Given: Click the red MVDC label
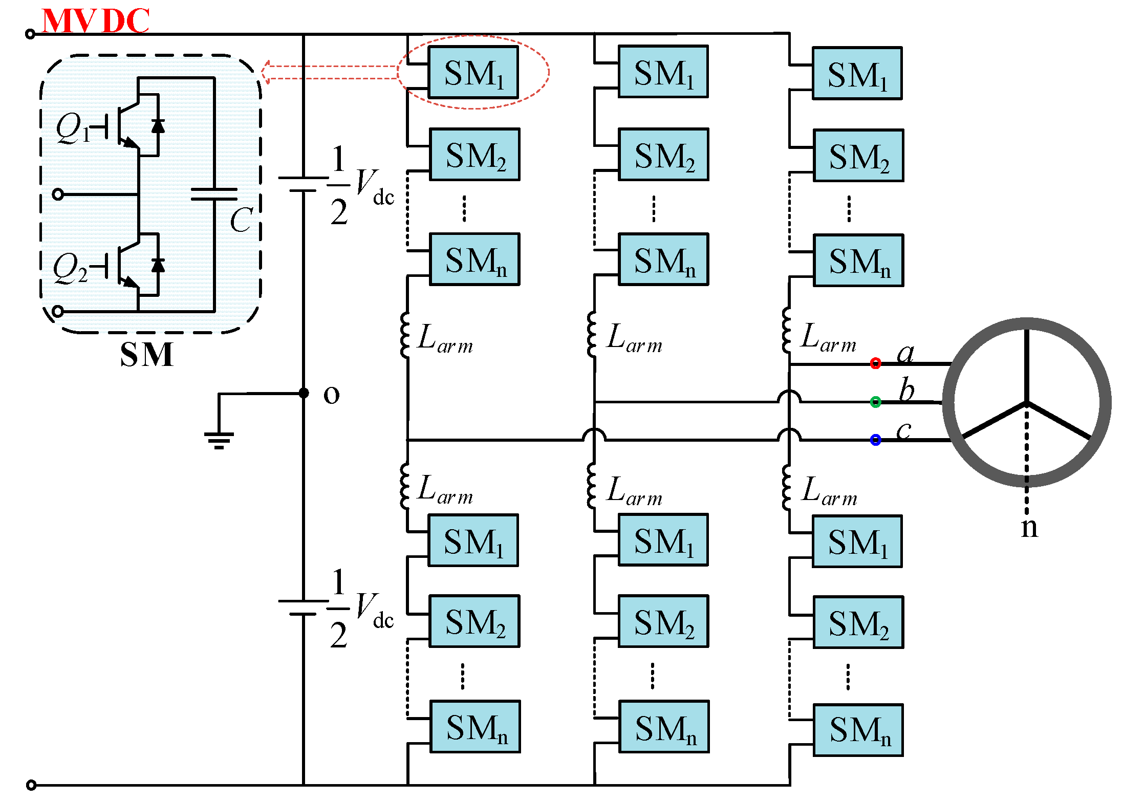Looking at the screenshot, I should tap(95, 20).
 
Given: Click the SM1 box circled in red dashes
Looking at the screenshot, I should tap(473, 72).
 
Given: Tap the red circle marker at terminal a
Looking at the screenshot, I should tap(875, 363).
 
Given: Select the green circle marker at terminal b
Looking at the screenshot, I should tap(875, 402).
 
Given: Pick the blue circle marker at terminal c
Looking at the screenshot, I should tap(875, 440).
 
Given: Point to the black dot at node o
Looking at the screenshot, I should tap(304, 393).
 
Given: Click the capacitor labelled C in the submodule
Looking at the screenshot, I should tap(214, 194).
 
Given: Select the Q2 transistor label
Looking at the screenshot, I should tap(71, 268).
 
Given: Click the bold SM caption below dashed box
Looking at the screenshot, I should tap(146, 354).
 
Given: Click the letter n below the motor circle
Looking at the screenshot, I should tap(1029, 527).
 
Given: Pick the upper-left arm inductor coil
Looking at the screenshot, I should tap(405, 335).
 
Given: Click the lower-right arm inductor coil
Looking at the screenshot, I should tap(787, 487).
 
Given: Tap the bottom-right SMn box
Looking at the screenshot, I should tap(858, 730).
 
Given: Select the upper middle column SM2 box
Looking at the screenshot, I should tap(663, 155).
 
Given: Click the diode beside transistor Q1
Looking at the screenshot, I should tap(158, 125).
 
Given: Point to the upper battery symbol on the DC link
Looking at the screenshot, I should tap(303, 184).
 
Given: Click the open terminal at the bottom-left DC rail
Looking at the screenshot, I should tap(31, 785).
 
